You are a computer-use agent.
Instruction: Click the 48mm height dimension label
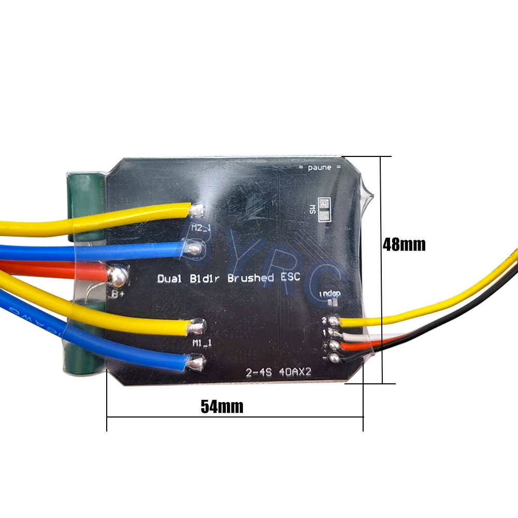coord(404,244)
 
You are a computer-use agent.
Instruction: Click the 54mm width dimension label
coord(222,407)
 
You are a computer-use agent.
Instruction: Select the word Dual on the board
coord(169,279)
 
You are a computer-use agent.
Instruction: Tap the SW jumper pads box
coord(323,209)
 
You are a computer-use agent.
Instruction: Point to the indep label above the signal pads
coord(330,294)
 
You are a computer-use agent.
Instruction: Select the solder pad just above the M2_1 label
coord(197,210)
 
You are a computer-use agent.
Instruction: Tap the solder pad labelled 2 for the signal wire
coord(334,321)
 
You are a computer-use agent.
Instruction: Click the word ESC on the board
coord(290,277)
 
